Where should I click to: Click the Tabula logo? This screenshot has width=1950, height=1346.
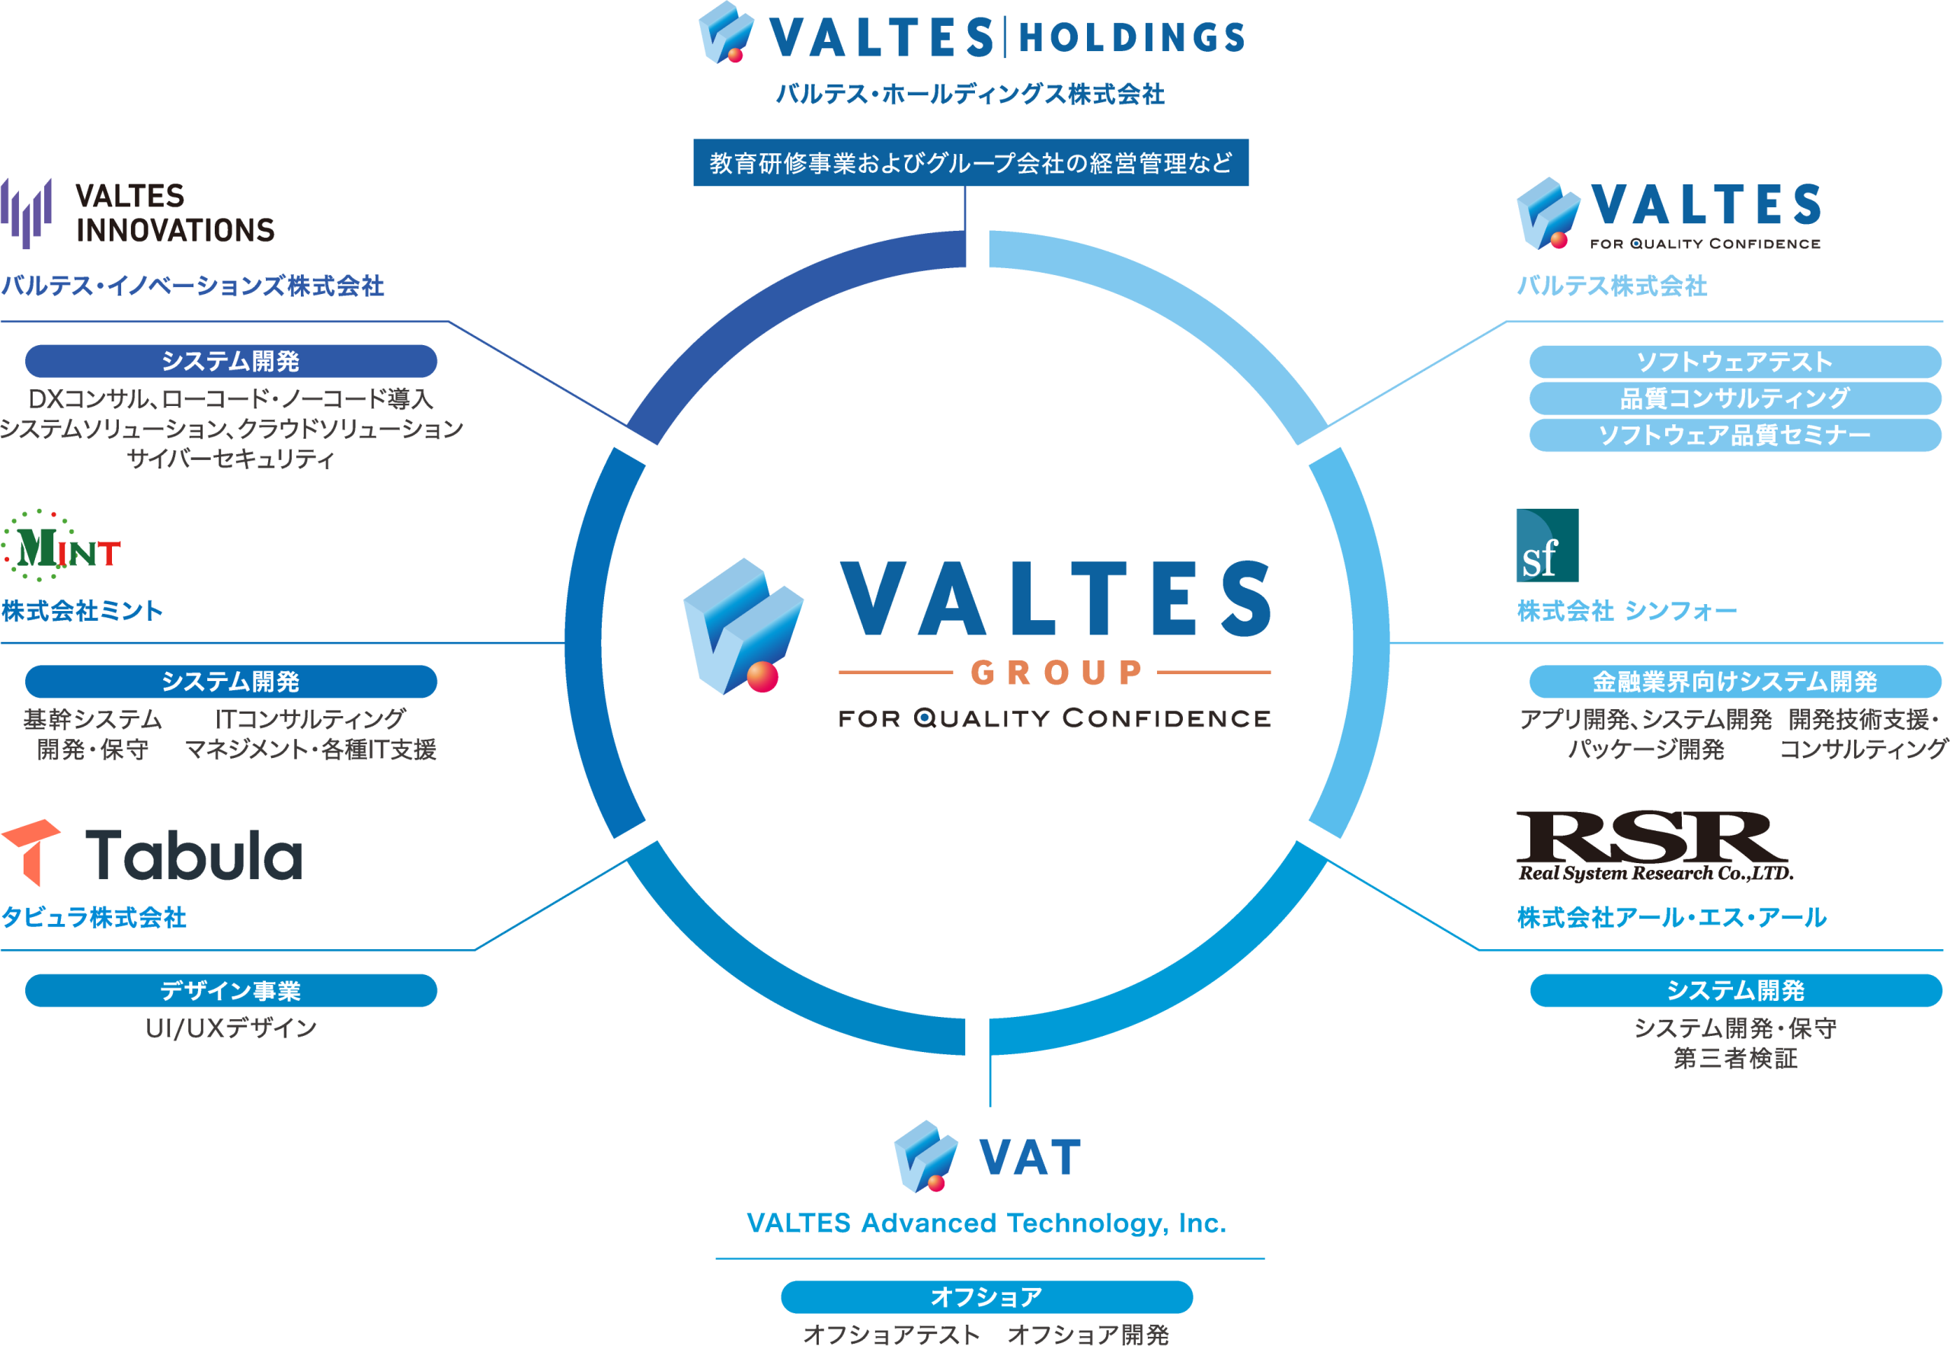(x=152, y=852)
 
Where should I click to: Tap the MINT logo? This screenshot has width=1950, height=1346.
(x=62, y=546)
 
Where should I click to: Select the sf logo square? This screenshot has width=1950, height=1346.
(x=1547, y=545)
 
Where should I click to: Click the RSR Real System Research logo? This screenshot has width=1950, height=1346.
(x=1653, y=846)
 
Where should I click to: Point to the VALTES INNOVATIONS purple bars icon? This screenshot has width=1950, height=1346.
(x=26, y=213)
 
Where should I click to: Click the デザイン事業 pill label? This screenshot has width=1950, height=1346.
(x=231, y=990)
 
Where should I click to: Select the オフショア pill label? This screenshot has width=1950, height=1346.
(x=986, y=1296)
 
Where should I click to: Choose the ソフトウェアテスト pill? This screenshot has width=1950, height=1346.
(x=1735, y=362)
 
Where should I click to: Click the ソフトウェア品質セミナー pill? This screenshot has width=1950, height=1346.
(x=1735, y=435)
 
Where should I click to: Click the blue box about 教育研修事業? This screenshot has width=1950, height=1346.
(x=970, y=163)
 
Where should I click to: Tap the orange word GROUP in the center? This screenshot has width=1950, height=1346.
(x=1056, y=672)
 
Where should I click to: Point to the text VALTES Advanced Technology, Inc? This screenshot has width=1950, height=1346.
(x=986, y=1223)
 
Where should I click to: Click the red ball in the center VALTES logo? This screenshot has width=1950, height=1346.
(x=762, y=676)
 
